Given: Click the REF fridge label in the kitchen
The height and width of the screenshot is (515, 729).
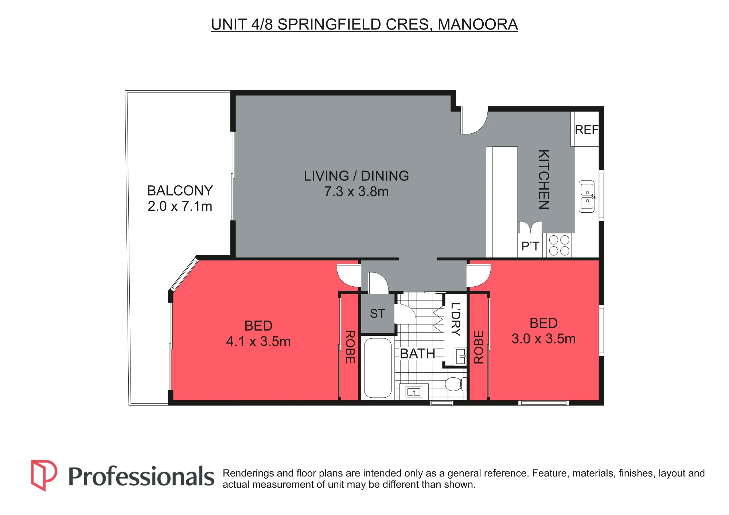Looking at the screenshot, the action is (x=586, y=130).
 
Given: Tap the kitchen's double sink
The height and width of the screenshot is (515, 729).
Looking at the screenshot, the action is (x=587, y=197).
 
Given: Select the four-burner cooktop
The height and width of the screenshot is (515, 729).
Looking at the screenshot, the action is (x=559, y=245).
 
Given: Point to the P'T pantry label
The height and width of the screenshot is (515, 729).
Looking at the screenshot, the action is (x=530, y=246).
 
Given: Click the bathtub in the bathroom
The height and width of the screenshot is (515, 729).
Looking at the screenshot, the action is (x=378, y=368).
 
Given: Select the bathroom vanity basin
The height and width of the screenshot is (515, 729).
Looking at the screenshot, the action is (x=414, y=392).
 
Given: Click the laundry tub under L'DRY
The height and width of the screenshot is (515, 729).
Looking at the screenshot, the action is (x=460, y=355).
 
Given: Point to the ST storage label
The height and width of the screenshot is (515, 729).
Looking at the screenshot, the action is (x=377, y=314).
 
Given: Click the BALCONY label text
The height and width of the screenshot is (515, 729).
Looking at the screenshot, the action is (x=180, y=190).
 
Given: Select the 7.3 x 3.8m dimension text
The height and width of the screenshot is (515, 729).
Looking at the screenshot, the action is (x=356, y=192).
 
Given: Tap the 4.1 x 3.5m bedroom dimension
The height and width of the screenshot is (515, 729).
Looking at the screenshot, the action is (x=258, y=342).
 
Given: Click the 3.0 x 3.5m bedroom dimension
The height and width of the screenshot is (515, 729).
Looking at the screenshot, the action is (x=543, y=339).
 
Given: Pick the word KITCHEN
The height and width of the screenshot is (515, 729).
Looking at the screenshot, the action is (x=544, y=179).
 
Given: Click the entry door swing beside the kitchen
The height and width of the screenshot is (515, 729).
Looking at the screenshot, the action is (x=474, y=121).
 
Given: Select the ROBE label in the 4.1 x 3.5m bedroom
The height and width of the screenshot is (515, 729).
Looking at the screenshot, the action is (x=350, y=347).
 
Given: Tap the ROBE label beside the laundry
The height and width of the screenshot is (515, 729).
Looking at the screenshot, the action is (x=479, y=347).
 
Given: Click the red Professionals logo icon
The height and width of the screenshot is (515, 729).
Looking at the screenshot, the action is (x=44, y=475).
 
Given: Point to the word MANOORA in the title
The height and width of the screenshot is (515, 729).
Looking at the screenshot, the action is (x=477, y=24).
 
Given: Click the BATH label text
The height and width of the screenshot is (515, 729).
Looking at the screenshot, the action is (x=417, y=354).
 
